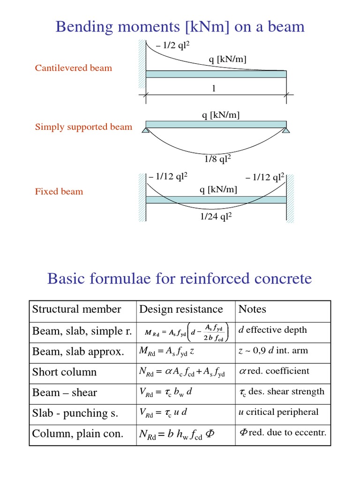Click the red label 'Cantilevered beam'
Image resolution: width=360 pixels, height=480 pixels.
tap(74, 68)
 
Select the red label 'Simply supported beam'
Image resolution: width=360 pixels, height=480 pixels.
tap(83, 127)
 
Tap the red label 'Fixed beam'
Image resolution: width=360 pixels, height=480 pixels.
tap(59, 191)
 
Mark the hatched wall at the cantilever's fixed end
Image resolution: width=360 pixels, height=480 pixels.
tap(142, 64)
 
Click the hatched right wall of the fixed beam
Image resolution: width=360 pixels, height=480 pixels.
tap(290, 198)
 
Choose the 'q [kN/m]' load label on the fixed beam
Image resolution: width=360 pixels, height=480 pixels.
tap(218, 189)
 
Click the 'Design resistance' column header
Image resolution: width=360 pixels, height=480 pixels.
tap(181, 309)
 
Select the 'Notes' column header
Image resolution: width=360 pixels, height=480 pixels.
tap(252, 309)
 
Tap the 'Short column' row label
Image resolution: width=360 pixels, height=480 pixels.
tap(64, 372)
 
